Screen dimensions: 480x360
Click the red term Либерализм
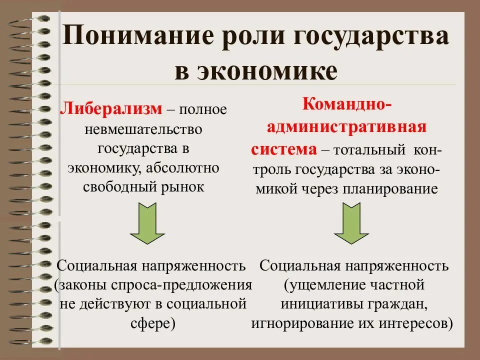[111, 108]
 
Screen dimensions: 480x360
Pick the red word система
[283, 148]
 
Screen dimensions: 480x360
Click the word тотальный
[370, 149]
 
